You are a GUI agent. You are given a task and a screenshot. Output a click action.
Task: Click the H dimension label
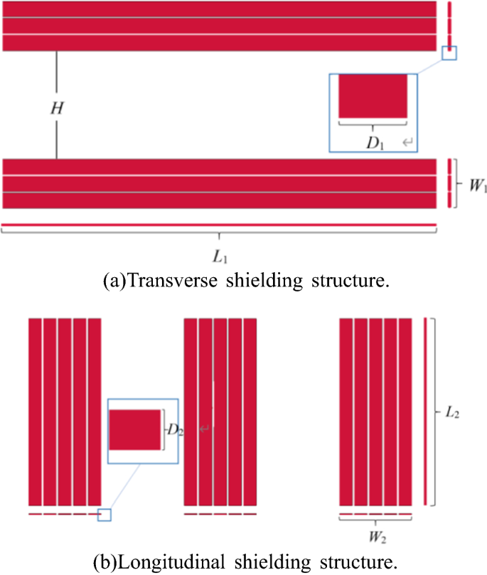[57, 108]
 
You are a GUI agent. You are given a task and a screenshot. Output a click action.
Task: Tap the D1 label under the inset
[375, 141]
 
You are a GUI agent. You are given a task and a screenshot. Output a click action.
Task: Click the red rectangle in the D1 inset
[373, 96]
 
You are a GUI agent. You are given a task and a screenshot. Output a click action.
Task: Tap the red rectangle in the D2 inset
[135, 430]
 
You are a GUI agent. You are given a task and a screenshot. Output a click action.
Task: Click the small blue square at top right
[449, 53]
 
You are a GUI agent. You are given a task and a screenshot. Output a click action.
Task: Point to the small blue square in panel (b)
[105, 515]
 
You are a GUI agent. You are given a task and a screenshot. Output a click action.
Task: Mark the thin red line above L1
[219, 226]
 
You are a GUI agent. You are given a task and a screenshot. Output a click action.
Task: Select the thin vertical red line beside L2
[425, 412]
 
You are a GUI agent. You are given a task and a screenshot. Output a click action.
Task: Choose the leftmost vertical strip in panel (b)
[35, 412]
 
